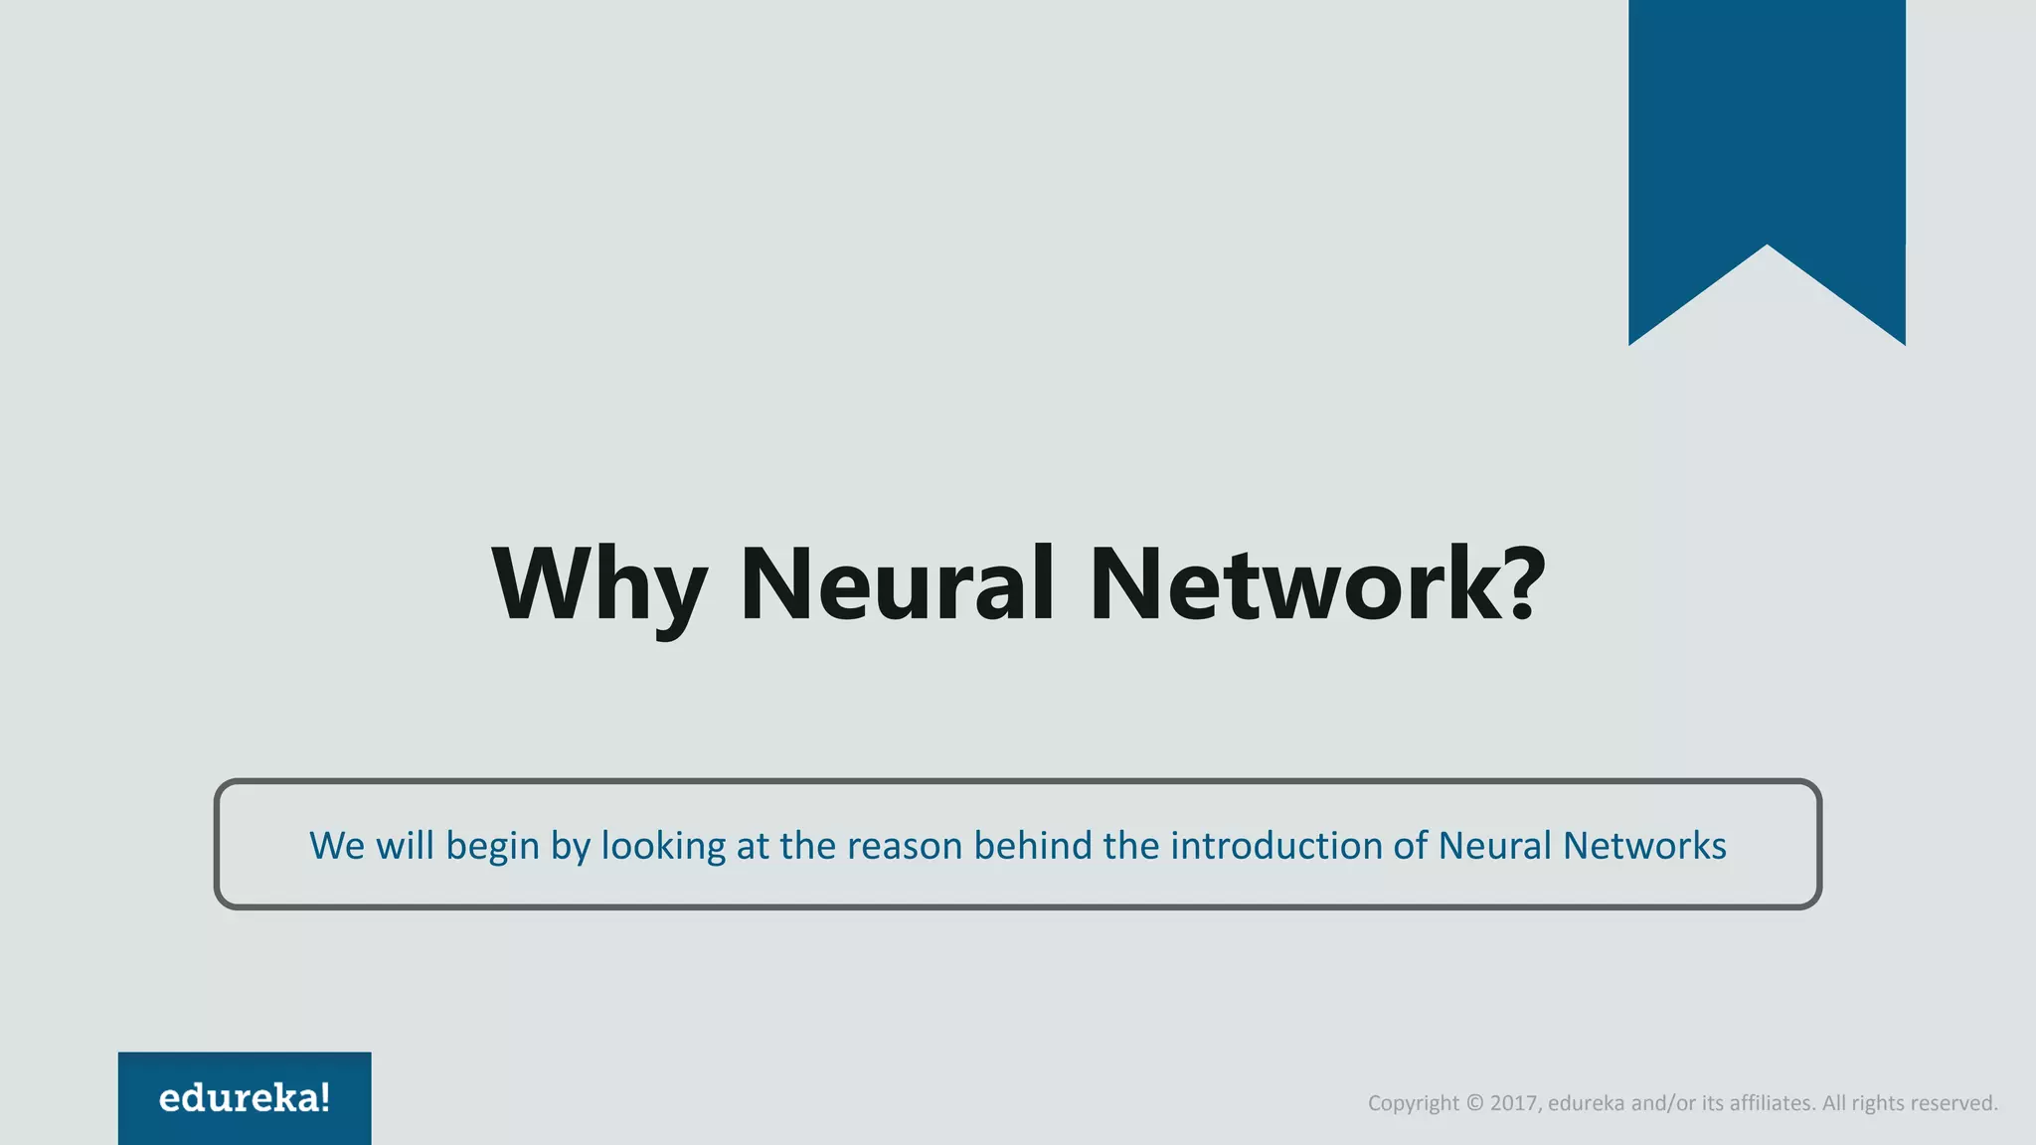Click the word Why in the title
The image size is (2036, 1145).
click(x=599, y=585)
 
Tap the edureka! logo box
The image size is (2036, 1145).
click(x=245, y=1097)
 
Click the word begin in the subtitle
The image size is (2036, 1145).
click(x=492, y=846)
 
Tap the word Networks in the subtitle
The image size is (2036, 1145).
click(x=1644, y=846)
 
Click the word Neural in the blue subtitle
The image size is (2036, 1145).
click(x=1494, y=846)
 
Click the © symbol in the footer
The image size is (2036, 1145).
click(x=1474, y=1103)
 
